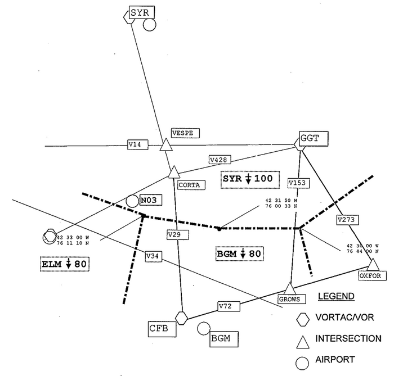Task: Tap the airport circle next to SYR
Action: point(149,25)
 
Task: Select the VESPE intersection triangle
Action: point(165,145)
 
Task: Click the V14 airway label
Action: point(135,144)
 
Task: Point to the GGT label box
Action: point(314,137)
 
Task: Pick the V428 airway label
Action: point(218,160)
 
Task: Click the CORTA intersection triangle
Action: point(173,172)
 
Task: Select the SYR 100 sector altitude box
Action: point(247,179)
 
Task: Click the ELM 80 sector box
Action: point(65,262)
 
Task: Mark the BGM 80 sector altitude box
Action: point(239,253)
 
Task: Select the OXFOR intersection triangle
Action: point(373,264)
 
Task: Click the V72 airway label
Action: point(226,306)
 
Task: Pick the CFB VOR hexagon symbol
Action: point(181,318)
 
